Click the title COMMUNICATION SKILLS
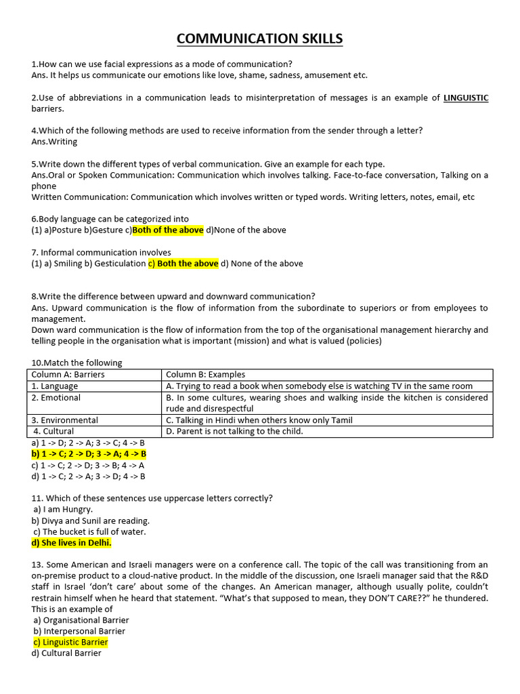coord(259,39)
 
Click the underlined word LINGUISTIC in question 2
coord(465,98)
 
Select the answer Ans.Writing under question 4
coord(54,142)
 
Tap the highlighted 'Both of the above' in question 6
coord(168,230)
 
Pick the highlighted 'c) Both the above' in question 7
coord(183,264)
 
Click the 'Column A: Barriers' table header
coord(68,374)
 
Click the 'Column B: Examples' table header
coord(206,374)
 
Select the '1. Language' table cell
coord(55,386)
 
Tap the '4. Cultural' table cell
coord(54,431)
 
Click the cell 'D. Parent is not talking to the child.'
coord(234,431)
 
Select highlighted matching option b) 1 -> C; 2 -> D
coord(89,453)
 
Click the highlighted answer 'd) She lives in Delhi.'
coord(71,543)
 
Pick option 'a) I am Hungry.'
coord(63,509)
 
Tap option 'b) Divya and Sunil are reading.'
coord(91,520)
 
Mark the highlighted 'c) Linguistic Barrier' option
coord(70,642)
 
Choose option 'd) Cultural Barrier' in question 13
coord(66,653)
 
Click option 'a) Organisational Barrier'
coord(81,619)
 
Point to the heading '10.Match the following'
coord(77,363)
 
